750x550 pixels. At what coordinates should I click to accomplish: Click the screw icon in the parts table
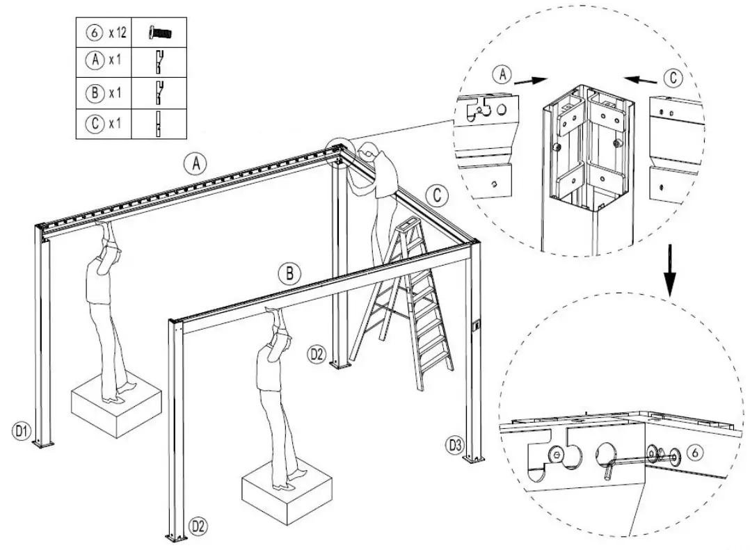161,32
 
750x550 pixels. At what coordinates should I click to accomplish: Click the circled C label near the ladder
436,195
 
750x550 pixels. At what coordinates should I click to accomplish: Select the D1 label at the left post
22,431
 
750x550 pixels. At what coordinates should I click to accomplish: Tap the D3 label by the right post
454,443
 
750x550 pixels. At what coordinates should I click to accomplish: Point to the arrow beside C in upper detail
640,79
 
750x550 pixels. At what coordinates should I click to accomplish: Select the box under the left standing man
116,404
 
